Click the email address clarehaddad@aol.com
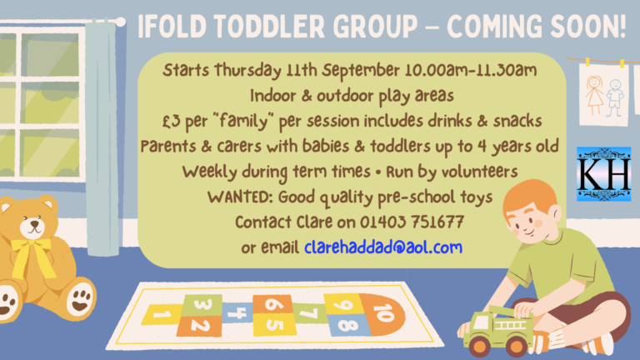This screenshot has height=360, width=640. [x=383, y=247]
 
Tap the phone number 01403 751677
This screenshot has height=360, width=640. [x=412, y=222]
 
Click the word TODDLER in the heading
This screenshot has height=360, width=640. [x=269, y=27]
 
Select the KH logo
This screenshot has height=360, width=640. [x=603, y=174]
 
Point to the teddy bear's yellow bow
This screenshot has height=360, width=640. [x=32, y=255]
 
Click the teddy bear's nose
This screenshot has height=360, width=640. [x=34, y=224]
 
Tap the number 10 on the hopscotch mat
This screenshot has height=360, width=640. [x=383, y=312]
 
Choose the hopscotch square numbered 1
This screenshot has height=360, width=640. [x=162, y=314]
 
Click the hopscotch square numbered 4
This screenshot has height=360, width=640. [x=237, y=312]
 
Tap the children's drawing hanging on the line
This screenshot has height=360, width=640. [x=603, y=95]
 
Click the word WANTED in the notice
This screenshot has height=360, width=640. [x=240, y=197]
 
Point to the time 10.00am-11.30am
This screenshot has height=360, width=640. [x=471, y=70]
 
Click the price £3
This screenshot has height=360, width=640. [x=171, y=121]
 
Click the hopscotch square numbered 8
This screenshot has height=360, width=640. [x=347, y=325]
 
